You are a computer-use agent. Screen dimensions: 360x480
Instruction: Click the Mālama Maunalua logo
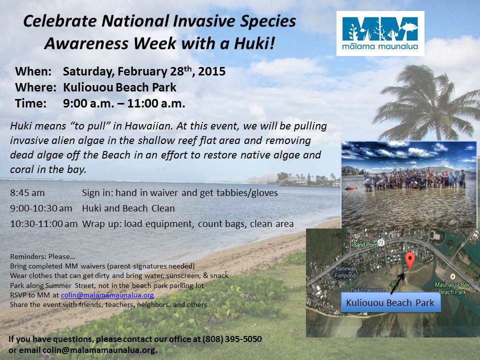[380, 33]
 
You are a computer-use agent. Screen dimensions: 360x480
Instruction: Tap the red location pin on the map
[410, 260]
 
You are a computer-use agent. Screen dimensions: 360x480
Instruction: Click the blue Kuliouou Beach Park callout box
[390, 302]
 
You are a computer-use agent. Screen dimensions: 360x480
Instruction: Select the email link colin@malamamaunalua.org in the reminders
[107, 295]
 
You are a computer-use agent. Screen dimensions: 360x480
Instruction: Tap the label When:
[33, 71]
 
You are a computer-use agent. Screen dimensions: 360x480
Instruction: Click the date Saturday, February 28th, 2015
[144, 71]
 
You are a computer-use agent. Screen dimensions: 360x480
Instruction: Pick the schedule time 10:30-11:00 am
[43, 223]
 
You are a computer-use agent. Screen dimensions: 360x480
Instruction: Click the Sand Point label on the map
[364, 245]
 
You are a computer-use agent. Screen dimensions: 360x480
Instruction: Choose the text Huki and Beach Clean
[128, 208]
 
